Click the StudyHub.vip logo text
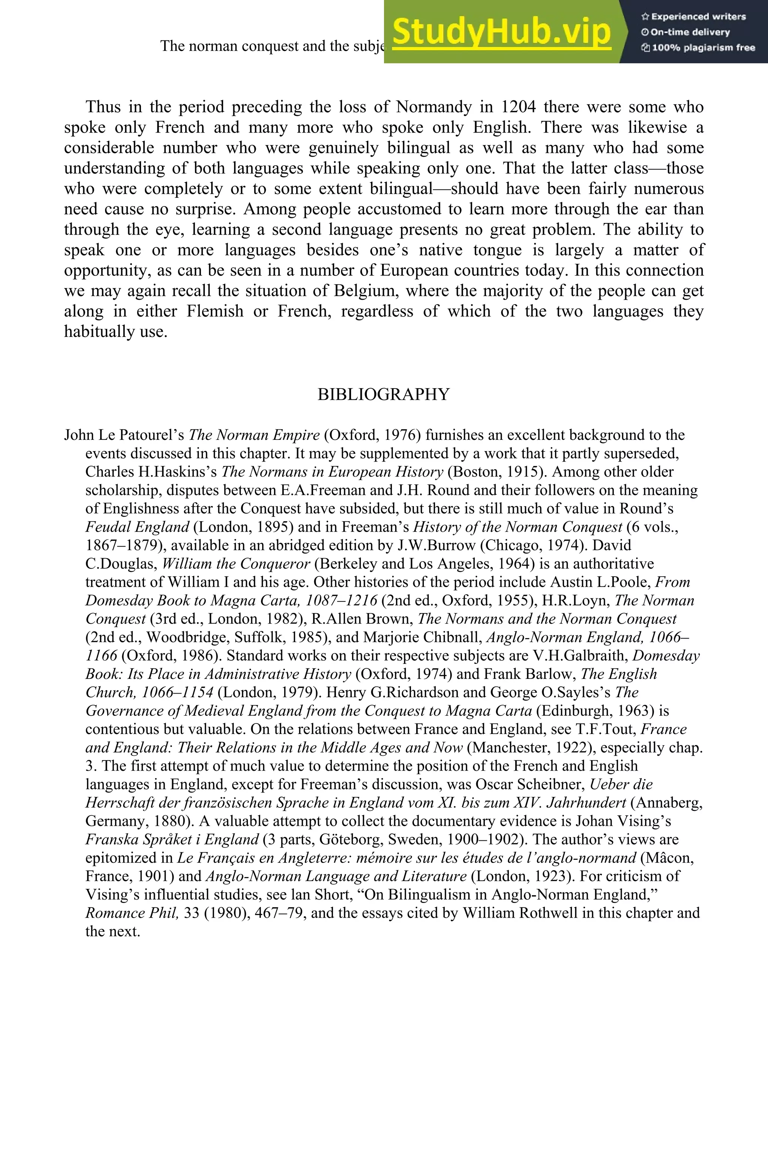coord(501,32)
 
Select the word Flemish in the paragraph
coord(215,311)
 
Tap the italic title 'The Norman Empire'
coord(254,435)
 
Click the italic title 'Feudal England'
coord(137,527)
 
